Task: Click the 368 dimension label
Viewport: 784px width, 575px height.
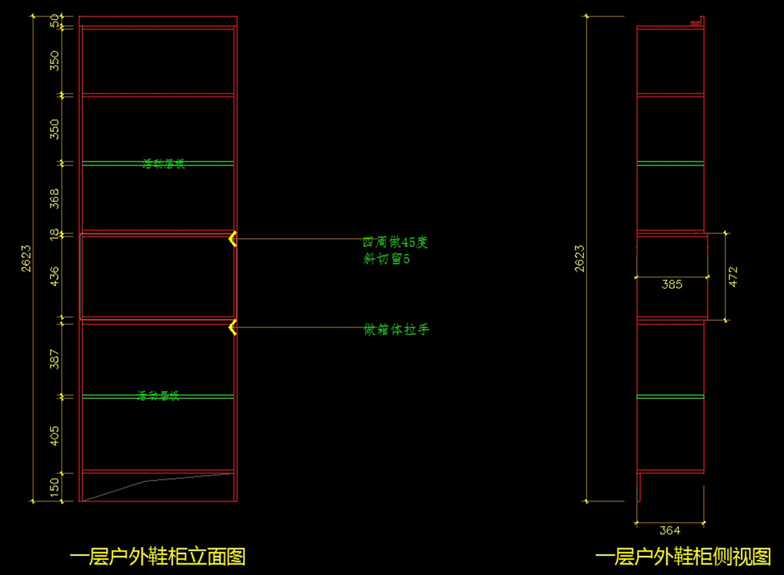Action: click(55, 198)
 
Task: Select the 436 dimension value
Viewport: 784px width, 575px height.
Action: click(55, 276)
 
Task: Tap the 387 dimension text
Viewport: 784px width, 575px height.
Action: click(55, 358)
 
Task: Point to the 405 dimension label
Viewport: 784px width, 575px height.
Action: click(55, 435)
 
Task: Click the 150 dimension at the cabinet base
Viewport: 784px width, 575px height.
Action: click(55, 486)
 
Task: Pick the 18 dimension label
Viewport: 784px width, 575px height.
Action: click(55, 234)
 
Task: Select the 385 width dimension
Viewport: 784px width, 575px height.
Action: click(672, 284)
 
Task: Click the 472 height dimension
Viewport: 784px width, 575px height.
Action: click(733, 276)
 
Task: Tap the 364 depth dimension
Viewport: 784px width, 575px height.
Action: click(670, 531)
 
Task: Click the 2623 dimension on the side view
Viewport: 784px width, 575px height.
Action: click(580, 259)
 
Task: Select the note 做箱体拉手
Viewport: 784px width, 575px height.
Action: click(397, 330)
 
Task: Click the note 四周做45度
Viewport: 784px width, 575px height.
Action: click(396, 242)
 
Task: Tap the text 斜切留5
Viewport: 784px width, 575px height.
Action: click(387, 259)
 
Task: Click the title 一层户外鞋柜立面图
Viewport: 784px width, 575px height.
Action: click(157, 557)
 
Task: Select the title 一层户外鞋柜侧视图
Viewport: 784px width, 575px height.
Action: click(683, 557)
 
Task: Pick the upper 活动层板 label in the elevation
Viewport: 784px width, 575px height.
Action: click(164, 164)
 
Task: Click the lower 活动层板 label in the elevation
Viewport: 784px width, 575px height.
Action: click(158, 396)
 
